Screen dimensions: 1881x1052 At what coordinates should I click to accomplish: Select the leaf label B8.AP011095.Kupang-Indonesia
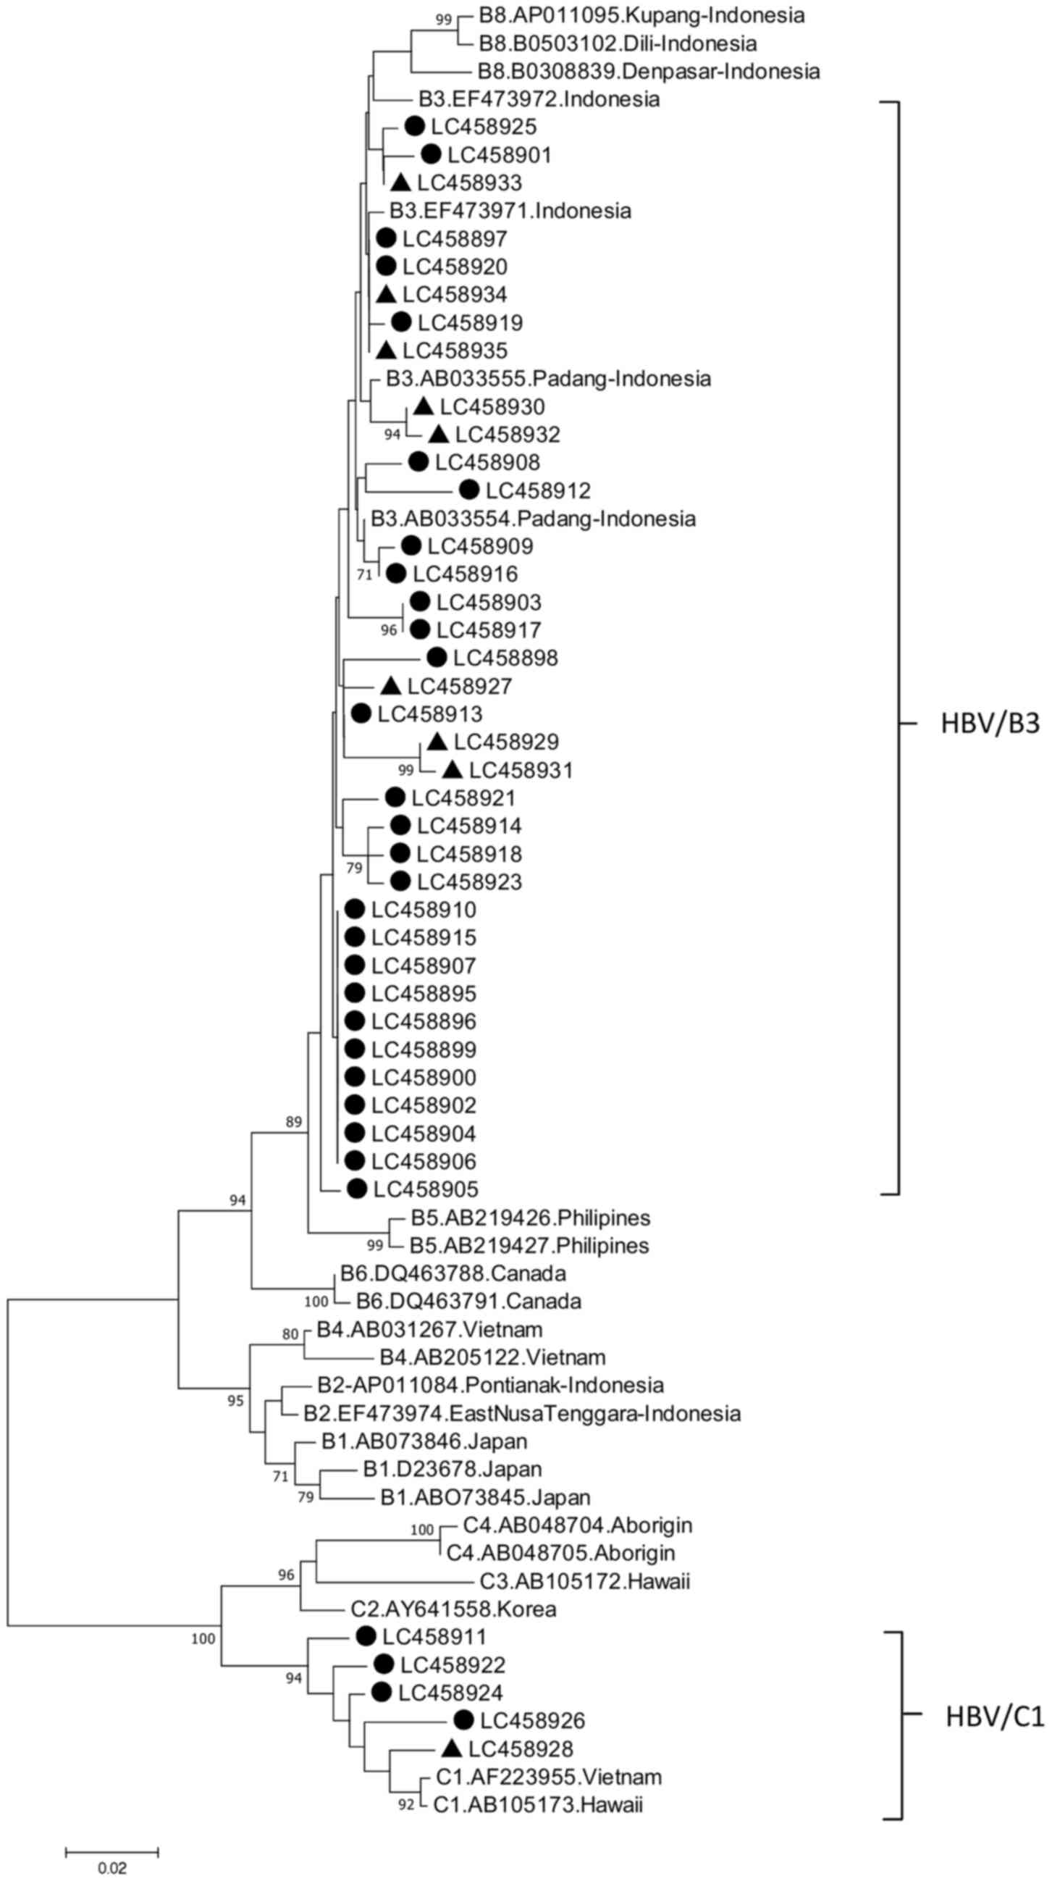coord(641,15)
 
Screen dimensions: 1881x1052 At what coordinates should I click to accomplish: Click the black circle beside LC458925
coord(414,126)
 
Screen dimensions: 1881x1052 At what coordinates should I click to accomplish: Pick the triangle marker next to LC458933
coord(401,183)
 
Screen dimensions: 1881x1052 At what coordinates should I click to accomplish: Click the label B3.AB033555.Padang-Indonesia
coord(548,378)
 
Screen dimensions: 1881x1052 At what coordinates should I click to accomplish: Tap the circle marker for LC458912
coord(468,490)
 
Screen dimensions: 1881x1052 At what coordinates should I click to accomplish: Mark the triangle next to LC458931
coord(453,770)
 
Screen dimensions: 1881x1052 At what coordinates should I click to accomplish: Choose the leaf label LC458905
coord(426,1189)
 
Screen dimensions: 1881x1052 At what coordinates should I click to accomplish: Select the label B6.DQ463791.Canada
coord(468,1301)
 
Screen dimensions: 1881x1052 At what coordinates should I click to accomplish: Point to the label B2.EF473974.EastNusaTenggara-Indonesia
coord(522,1413)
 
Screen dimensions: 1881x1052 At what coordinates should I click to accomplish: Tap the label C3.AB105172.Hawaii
coord(585,1581)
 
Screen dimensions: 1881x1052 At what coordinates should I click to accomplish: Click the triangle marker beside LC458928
coord(452,1749)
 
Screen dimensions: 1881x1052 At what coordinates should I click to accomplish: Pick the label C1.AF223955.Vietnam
coord(548,1777)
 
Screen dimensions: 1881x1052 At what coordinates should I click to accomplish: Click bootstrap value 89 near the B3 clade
coord(293,1122)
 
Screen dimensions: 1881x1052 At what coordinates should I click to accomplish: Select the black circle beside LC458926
coord(463,1720)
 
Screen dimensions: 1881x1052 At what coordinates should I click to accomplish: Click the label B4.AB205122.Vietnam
coord(492,1357)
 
